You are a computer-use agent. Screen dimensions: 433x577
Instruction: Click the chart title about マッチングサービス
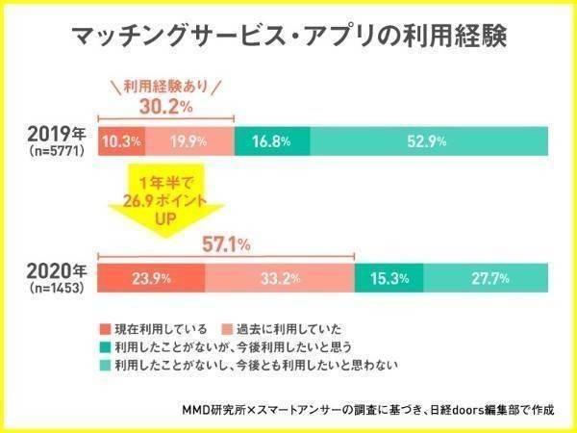[288, 38]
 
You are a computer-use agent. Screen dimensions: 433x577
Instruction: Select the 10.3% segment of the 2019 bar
[122, 141]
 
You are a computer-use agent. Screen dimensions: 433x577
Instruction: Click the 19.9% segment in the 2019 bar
[188, 141]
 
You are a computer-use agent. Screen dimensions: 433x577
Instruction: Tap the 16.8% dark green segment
[272, 141]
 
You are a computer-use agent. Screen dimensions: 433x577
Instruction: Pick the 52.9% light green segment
[426, 141]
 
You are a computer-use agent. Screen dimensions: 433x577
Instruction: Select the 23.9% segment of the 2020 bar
[151, 279]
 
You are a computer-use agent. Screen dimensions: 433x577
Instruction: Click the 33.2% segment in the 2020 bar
[279, 279]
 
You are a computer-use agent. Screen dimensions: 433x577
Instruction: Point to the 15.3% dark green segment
[389, 279]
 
